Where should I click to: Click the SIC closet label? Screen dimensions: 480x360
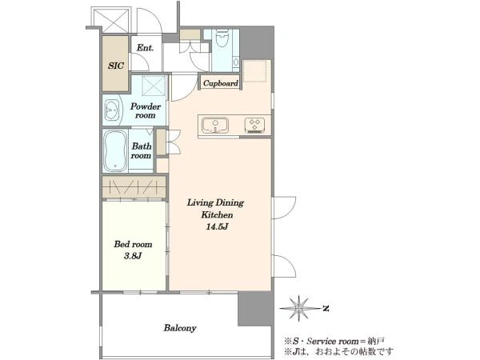[116, 66]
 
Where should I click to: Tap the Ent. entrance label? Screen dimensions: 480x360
[145, 48]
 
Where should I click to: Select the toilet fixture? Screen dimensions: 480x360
[222, 38]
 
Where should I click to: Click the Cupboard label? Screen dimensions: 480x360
[221, 83]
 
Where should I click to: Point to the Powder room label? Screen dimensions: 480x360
[146, 110]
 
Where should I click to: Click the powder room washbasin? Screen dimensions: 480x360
[111, 110]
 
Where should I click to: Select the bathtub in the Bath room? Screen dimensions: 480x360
[115, 150]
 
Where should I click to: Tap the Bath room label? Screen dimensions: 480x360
[141, 150]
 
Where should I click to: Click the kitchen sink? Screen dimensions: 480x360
[215, 126]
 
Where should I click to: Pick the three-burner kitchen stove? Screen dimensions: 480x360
[254, 126]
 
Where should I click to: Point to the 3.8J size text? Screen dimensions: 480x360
[133, 257]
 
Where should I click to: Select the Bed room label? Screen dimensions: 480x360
[133, 244]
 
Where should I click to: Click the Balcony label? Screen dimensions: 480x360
[180, 328]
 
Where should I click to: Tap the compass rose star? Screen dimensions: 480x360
[298, 308]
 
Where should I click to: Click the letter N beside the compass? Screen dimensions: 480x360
[326, 308]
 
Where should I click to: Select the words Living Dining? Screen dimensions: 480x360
[215, 202]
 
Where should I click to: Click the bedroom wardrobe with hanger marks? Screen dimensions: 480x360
[134, 187]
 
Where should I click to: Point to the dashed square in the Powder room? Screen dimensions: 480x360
[154, 86]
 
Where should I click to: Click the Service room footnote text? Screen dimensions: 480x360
[335, 341]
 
